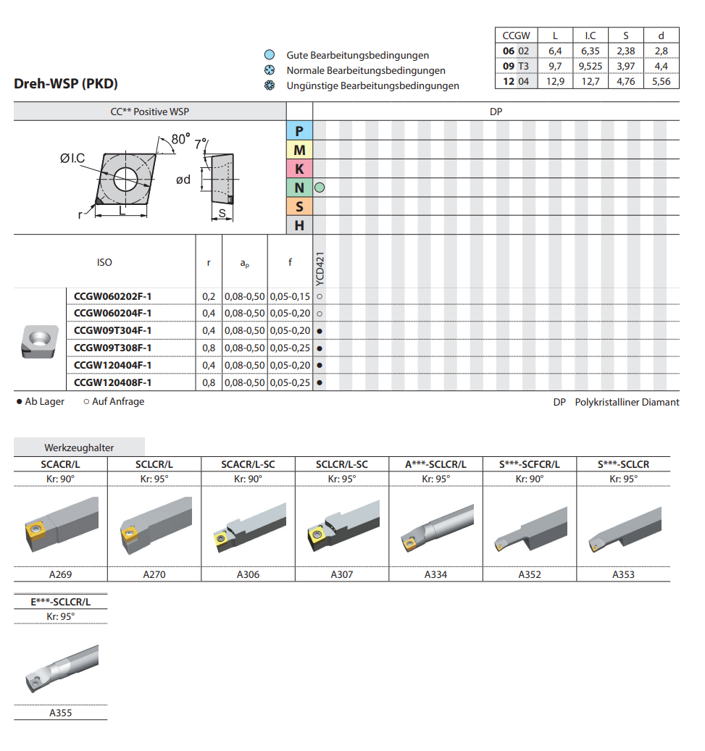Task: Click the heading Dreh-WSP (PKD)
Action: [x=66, y=83]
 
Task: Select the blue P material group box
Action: [x=299, y=131]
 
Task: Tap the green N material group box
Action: [x=299, y=188]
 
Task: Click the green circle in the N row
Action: [x=320, y=188]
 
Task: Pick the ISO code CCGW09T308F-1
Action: [x=112, y=348]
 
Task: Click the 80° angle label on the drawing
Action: [x=180, y=139]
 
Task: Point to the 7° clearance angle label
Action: [x=200, y=143]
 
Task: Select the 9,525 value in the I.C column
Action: [x=591, y=66]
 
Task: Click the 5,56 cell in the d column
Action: [x=662, y=81]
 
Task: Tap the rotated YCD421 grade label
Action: [x=320, y=269]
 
